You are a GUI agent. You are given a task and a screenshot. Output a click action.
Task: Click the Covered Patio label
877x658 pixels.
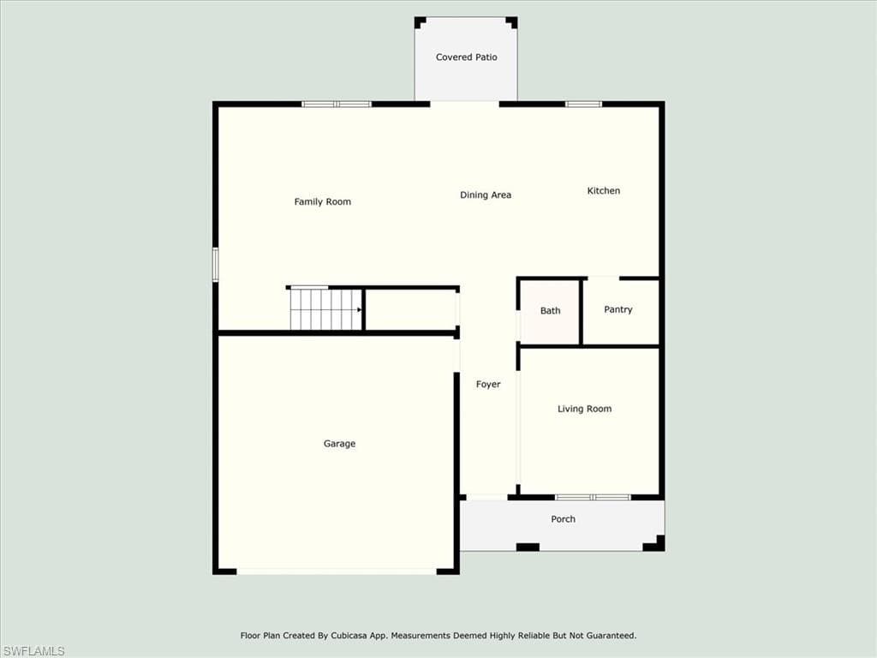coord(467,57)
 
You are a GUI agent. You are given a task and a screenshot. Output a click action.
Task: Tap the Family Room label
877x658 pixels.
coord(323,202)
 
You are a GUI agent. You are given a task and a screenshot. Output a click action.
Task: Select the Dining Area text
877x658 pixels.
coord(486,195)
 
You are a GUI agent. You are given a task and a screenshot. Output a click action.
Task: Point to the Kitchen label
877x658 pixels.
coord(604,191)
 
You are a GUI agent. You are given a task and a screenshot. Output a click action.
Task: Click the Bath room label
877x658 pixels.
coord(551,310)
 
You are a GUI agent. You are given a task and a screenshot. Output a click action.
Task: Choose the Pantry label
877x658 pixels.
coord(618,309)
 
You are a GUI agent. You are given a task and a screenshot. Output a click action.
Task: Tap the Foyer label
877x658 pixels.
coord(488,385)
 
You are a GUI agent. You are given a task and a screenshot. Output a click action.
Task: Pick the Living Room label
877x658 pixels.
coord(584,409)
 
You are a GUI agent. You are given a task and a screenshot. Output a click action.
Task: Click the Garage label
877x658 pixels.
coord(339,444)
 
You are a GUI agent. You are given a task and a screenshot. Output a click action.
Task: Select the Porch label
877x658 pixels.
coord(564,519)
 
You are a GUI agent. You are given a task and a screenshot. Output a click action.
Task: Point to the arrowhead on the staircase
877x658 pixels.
coord(359,309)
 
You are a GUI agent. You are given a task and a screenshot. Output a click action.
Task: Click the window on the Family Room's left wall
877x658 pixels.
coord(215,265)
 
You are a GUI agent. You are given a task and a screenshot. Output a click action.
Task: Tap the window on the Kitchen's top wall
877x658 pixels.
coord(583,104)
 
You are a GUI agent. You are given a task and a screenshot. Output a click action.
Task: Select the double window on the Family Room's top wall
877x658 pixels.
coord(337,104)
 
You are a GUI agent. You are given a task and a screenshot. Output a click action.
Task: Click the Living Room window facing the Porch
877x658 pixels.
coord(593,497)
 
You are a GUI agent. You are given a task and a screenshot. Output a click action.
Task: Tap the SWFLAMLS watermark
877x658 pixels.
coord(33,651)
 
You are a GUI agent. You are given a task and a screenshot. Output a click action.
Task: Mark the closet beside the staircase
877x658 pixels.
coord(411,310)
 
